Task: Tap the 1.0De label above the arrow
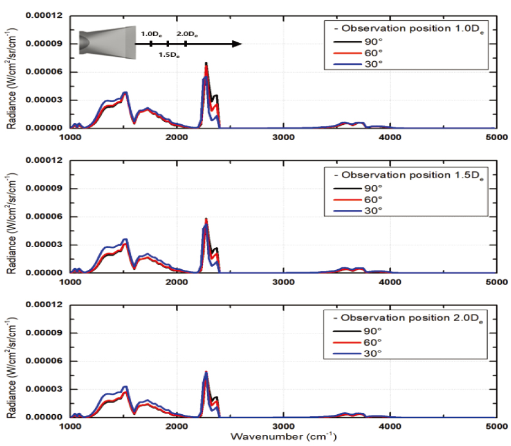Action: pos(150,35)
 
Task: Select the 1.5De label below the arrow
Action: pos(168,55)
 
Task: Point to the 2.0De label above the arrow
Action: pos(187,35)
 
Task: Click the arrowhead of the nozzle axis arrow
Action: pos(237,44)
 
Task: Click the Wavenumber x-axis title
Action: pos(283,438)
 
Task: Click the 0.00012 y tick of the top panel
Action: pos(44,15)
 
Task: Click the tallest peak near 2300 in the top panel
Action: pos(206,63)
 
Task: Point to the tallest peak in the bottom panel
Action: pos(206,372)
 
